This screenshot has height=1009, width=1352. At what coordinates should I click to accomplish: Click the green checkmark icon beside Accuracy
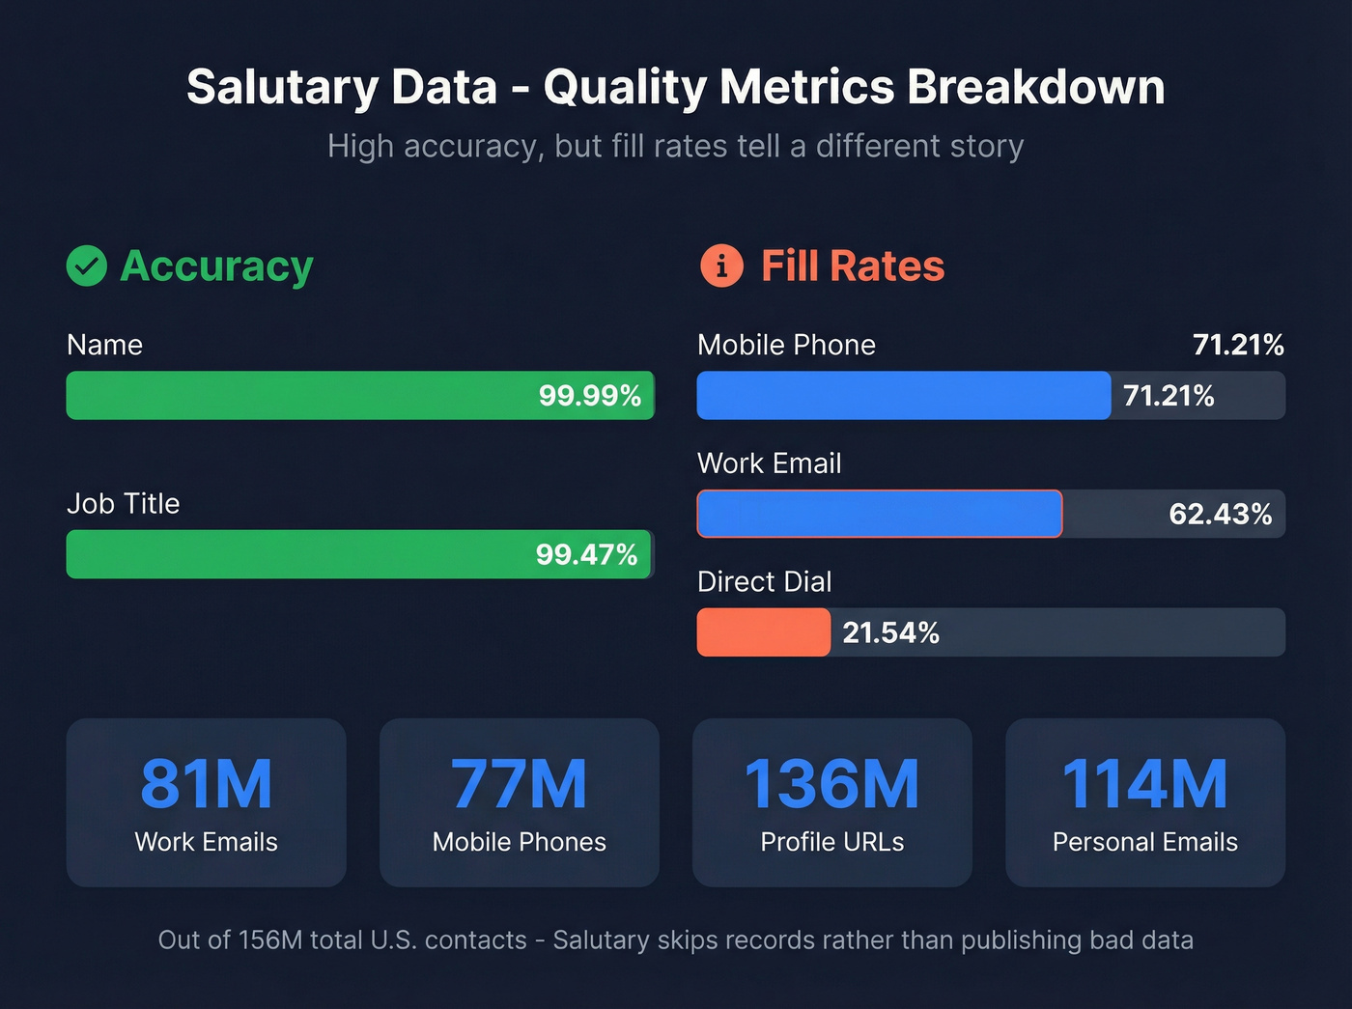pyautogui.click(x=87, y=266)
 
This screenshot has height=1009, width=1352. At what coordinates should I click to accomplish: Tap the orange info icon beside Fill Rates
pyautogui.click(x=721, y=266)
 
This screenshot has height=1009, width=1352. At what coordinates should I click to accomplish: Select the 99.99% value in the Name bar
pyautogui.click(x=589, y=396)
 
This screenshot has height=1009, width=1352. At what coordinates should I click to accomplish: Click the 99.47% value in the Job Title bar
pyautogui.click(x=586, y=554)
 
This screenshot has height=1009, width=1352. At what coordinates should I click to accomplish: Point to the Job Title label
pyautogui.click(x=123, y=503)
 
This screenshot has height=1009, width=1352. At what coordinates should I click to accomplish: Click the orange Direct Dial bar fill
pyautogui.click(x=763, y=632)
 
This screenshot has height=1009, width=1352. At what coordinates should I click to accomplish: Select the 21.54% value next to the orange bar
pyautogui.click(x=890, y=632)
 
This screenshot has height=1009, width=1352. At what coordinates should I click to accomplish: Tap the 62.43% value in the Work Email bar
pyautogui.click(x=1220, y=514)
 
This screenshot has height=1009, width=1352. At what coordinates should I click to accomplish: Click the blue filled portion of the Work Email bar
pyautogui.click(x=879, y=514)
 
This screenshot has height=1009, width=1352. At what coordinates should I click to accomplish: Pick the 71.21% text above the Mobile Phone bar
pyautogui.click(x=1238, y=345)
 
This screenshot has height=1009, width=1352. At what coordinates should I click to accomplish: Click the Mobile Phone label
pyautogui.click(x=786, y=345)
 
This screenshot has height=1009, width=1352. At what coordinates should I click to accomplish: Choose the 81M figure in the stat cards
pyautogui.click(x=206, y=783)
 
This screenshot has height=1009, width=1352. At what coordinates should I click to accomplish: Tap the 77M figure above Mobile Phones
pyautogui.click(x=519, y=783)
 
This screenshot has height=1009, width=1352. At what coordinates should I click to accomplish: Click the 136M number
pyautogui.click(x=831, y=783)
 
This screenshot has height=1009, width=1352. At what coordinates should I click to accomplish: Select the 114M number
pyautogui.click(x=1144, y=783)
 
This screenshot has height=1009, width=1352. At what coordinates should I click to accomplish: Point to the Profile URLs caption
pyautogui.click(x=831, y=842)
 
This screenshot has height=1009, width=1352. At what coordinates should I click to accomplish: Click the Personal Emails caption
pyautogui.click(x=1144, y=842)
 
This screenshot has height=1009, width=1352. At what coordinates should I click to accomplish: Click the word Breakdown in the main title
pyautogui.click(x=1035, y=87)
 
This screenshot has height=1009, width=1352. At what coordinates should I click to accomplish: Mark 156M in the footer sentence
pyautogui.click(x=270, y=939)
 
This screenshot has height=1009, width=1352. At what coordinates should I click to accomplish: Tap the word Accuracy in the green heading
pyautogui.click(x=216, y=266)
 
